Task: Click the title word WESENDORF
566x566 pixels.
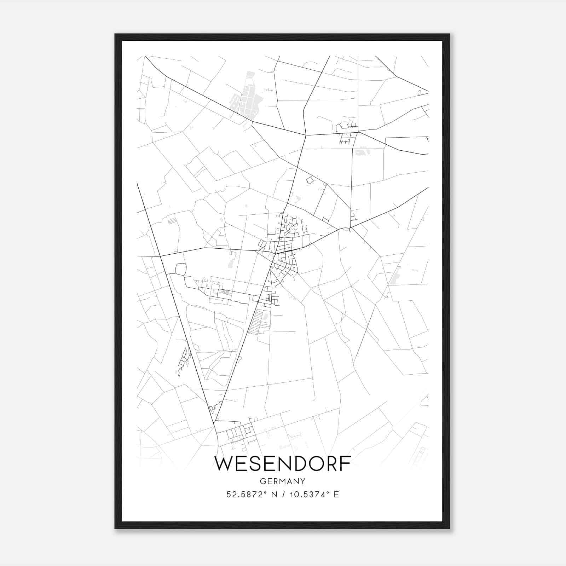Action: point(283,464)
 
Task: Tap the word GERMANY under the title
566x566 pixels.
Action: point(283,481)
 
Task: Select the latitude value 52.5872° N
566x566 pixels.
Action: point(252,495)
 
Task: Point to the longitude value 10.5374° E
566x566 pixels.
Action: point(314,495)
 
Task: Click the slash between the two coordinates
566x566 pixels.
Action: point(283,495)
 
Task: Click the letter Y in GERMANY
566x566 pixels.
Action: point(302,481)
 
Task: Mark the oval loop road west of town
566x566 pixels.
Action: point(181,269)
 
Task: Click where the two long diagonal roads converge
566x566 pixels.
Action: point(214,422)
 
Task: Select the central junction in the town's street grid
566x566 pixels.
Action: point(275,253)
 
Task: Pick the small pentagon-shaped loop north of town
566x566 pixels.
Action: point(310,180)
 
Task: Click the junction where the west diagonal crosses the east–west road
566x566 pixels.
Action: point(160,255)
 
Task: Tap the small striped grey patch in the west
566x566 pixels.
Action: point(172,221)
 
